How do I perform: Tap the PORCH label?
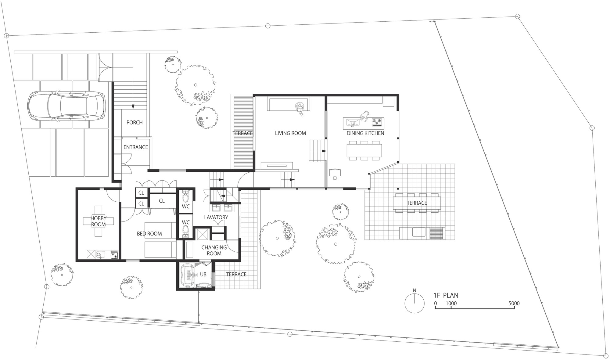[x=135, y=122]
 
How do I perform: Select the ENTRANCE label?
[x=136, y=147]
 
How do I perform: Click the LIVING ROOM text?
[x=290, y=133]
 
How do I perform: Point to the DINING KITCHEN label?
[x=365, y=133]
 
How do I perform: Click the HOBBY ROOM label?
[x=98, y=221]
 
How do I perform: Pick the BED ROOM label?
[x=149, y=234]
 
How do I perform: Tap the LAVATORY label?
[x=216, y=217]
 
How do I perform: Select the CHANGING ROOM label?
[x=214, y=250]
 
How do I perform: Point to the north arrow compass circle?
[x=414, y=303]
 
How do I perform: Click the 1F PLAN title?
[x=446, y=295]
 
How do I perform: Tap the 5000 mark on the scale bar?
[x=514, y=303]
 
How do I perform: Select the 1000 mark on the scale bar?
[x=451, y=303]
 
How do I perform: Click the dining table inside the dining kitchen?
[x=364, y=150]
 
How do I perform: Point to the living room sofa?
[x=289, y=104]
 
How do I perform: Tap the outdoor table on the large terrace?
[x=417, y=203]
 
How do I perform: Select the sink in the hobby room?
[x=100, y=254]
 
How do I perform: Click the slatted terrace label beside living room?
[x=242, y=133]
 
